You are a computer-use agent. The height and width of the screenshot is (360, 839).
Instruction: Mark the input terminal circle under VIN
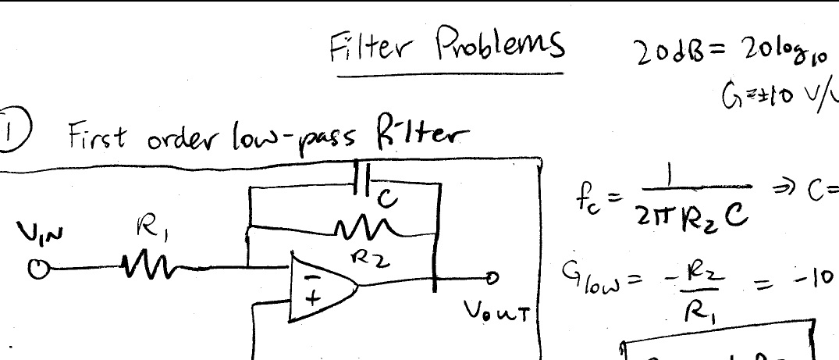tap(34, 269)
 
